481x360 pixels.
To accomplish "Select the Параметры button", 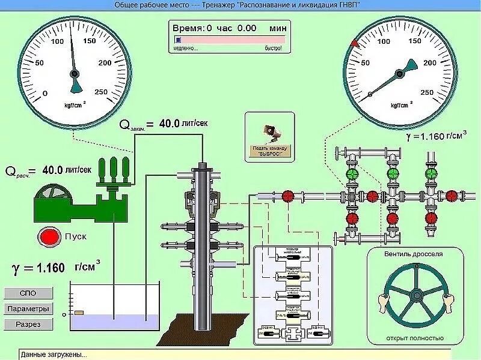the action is [28, 309].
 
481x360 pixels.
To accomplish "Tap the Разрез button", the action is [28, 324].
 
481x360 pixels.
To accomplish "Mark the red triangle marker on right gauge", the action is [355, 43].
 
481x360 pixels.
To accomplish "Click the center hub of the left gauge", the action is [75, 73].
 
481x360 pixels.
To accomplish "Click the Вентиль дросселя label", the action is [414, 254].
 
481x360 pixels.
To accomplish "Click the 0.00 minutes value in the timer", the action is [247, 28].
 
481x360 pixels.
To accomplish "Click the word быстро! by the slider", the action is [273, 48].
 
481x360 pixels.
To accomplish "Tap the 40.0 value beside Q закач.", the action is [169, 124].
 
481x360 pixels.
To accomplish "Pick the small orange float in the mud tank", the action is [79, 313].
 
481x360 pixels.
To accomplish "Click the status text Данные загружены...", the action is [54, 355].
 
